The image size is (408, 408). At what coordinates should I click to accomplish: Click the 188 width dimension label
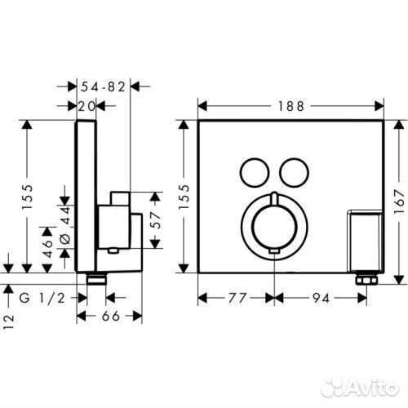click(290, 106)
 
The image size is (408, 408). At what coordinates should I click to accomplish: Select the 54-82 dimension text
click(103, 86)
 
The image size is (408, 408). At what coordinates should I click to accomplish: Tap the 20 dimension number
click(87, 106)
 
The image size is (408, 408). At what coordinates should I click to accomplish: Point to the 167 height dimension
click(400, 202)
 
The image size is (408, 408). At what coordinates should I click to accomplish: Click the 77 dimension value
click(237, 298)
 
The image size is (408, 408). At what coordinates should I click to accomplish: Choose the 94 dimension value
click(321, 298)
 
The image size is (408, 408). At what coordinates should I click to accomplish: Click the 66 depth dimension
click(111, 316)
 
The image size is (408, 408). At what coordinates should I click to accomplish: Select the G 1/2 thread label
click(42, 299)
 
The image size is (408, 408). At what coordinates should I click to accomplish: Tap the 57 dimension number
click(155, 220)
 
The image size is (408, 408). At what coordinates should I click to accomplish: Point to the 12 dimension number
click(9, 322)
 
